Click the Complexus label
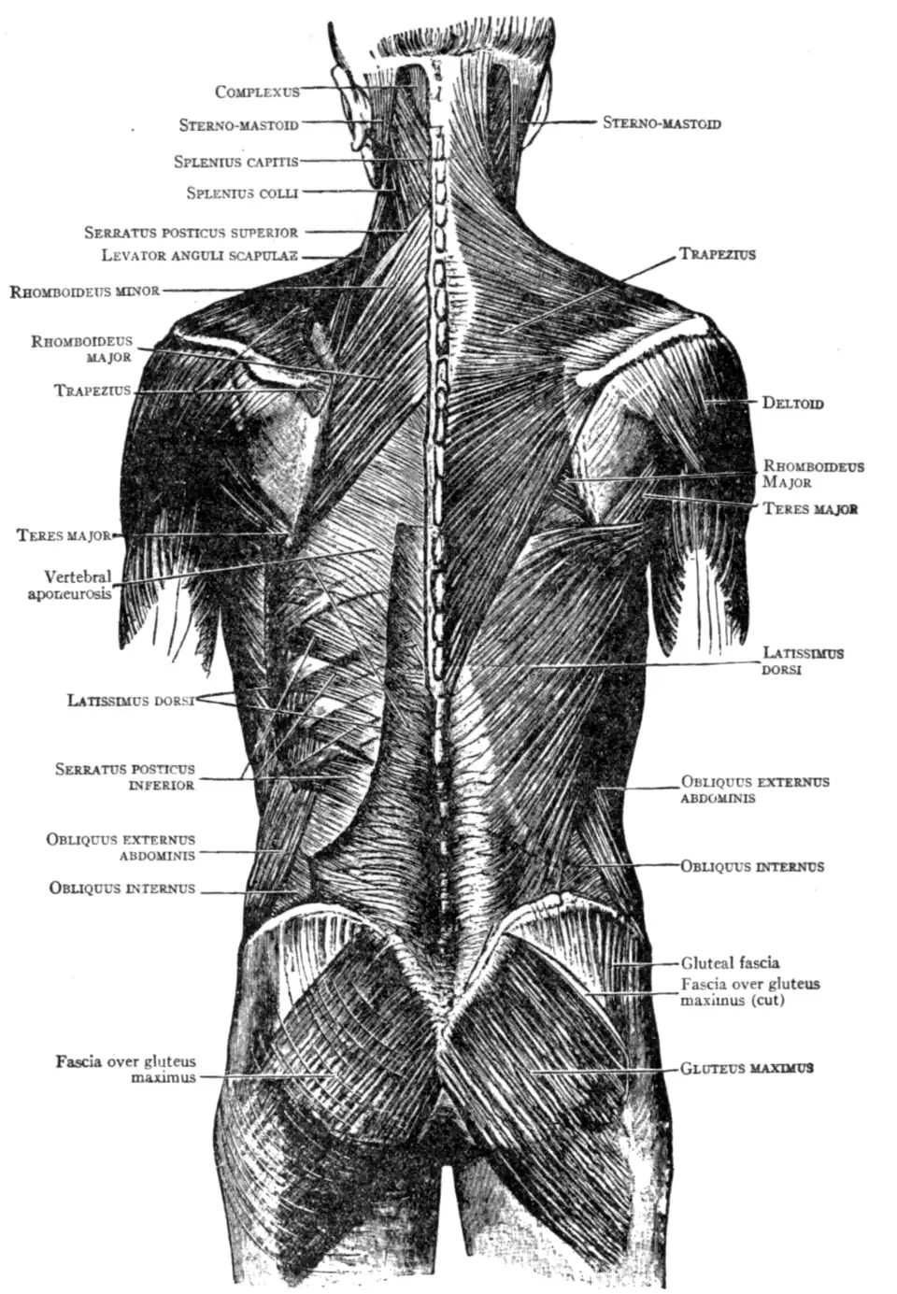(x=257, y=92)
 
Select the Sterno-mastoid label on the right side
(x=662, y=122)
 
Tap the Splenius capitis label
(x=236, y=162)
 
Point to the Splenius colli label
(x=242, y=192)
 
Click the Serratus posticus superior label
(x=192, y=233)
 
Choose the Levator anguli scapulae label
(x=200, y=255)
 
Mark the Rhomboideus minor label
(x=84, y=291)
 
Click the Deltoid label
(x=792, y=403)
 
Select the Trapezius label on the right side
(x=717, y=253)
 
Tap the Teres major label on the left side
(x=64, y=535)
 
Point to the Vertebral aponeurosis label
(x=70, y=585)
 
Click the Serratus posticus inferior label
(x=125, y=776)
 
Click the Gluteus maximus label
(x=747, y=1068)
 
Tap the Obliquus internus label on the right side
(x=752, y=866)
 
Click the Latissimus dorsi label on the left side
(x=131, y=701)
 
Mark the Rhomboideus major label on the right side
(x=813, y=474)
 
